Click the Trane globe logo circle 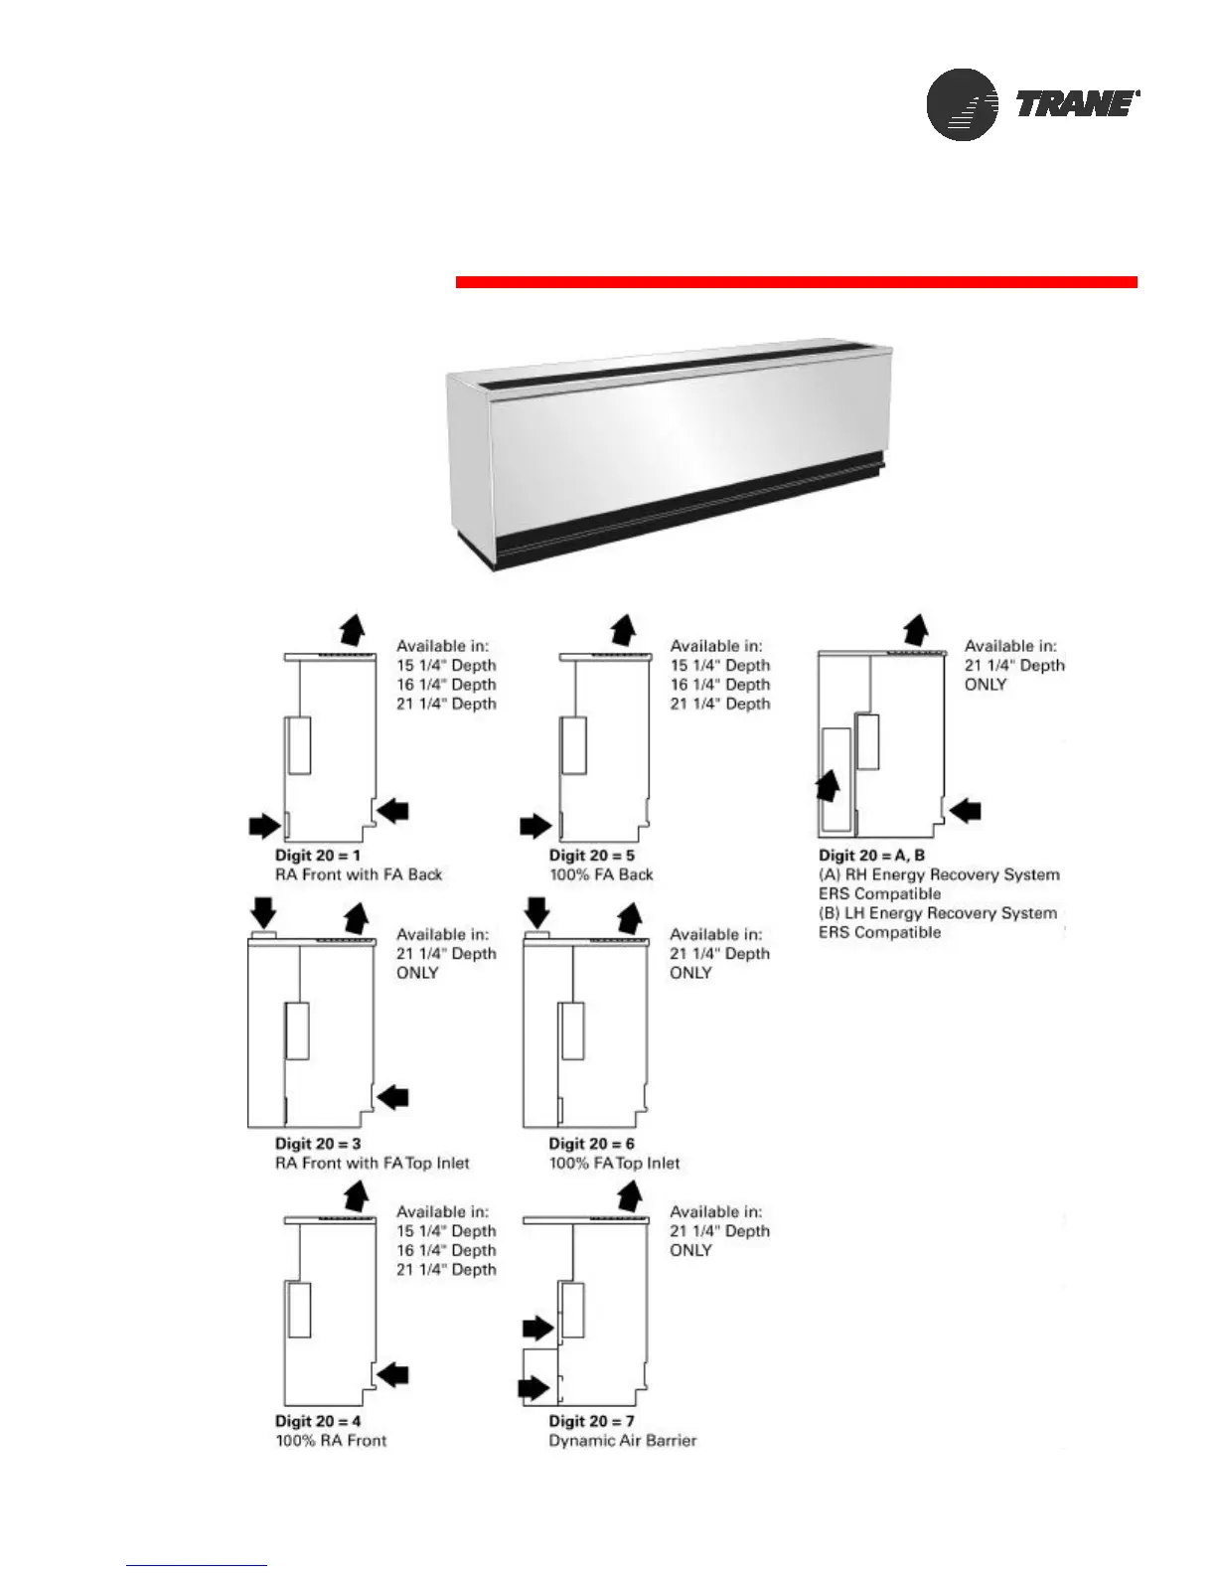point(962,104)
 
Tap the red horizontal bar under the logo point(796,282)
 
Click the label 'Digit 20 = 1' point(318,856)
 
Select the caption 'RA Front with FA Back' point(359,874)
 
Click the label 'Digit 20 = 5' point(591,856)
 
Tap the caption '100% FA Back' point(601,874)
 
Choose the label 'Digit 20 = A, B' point(871,856)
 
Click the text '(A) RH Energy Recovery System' point(939,874)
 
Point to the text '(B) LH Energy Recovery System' point(938,913)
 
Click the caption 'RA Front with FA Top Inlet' point(373,1163)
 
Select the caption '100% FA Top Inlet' point(614,1163)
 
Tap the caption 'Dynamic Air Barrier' point(623,1441)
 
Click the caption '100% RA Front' point(331,1441)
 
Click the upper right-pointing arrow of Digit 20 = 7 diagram point(537,1328)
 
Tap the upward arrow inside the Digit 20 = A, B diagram point(828,787)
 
